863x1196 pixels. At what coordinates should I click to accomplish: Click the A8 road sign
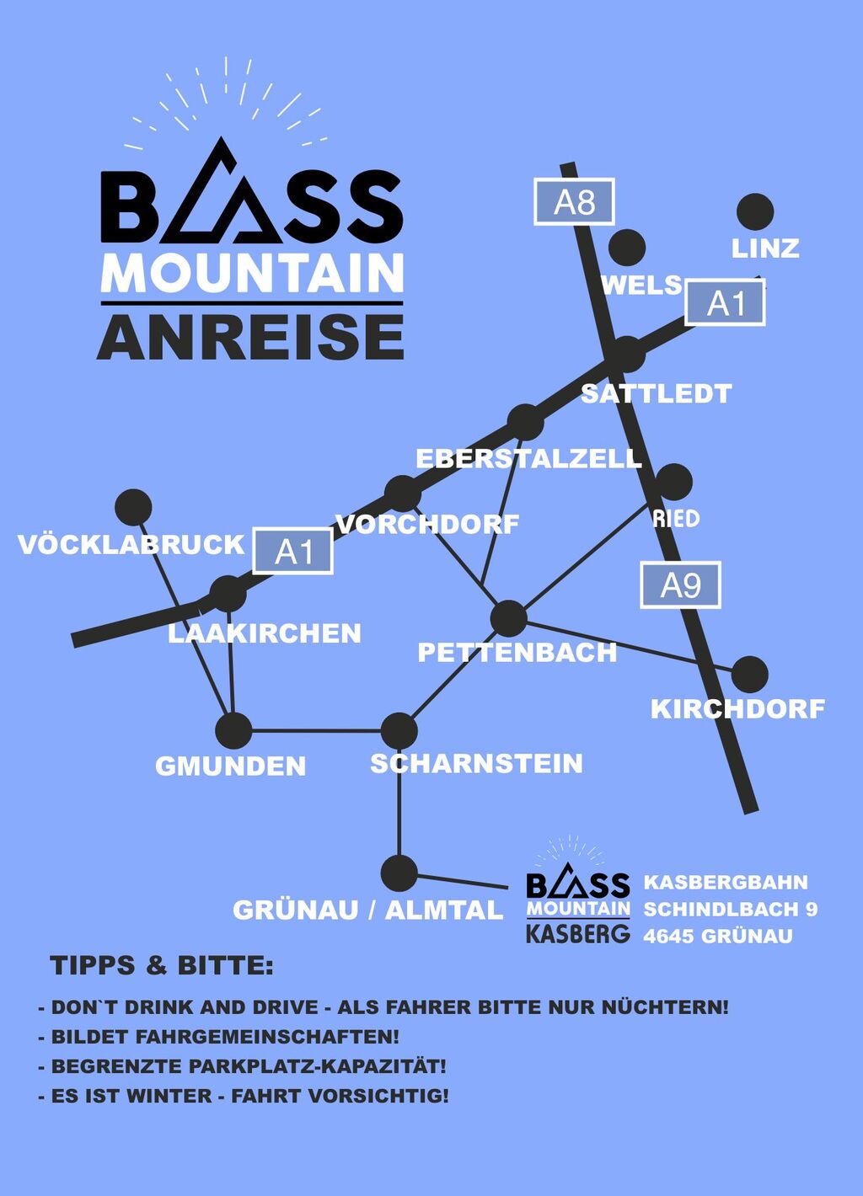(x=574, y=202)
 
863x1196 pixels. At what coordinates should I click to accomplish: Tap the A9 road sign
(x=680, y=585)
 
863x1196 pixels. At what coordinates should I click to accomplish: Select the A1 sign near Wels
(x=725, y=303)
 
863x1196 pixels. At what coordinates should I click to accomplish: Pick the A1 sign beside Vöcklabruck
(x=293, y=552)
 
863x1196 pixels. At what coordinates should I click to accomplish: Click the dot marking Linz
(x=754, y=212)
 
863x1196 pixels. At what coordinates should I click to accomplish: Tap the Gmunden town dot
(x=233, y=730)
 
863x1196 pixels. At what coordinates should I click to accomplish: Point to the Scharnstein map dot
(x=399, y=730)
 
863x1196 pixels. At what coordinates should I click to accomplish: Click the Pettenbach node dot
(x=508, y=619)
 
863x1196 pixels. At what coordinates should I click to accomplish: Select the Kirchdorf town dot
(x=749, y=674)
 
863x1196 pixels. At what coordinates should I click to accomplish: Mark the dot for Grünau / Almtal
(x=399, y=873)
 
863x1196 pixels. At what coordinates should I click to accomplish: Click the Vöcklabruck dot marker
(x=133, y=507)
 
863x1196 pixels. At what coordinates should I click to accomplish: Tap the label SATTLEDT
(x=656, y=393)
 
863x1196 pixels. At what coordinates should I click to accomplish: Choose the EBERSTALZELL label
(x=528, y=458)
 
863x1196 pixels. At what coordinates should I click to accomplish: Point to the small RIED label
(x=676, y=518)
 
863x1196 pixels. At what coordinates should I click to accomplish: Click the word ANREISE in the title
(x=251, y=337)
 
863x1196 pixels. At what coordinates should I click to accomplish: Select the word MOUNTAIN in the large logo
(x=252, y=274)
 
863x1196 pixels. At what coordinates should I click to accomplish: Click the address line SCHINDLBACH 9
(x=730, y=909)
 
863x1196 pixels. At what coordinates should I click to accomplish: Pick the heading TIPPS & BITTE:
(x=162, y=965)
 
